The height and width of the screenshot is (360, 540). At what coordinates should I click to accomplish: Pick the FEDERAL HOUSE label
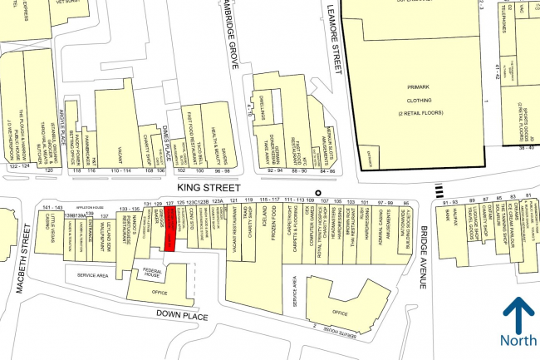point(151,274)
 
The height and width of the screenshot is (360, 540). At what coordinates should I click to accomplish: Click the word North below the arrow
point(518,339)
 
